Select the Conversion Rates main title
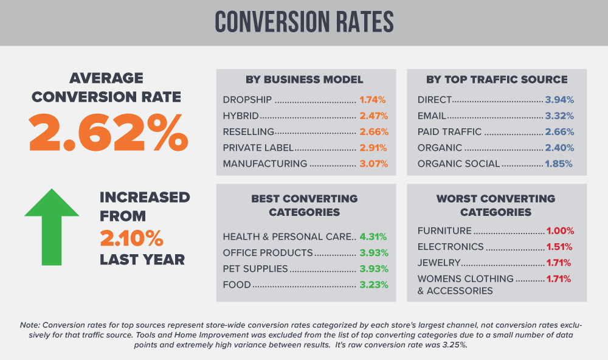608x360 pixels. click(x=304, y=22)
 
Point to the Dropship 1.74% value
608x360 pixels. click(x=373, y=99)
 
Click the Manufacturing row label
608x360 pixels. click(x=265, y=164)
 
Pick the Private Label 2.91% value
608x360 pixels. click(x=373, y=148)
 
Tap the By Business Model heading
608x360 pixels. click(x=305, y=80)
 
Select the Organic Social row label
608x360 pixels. click(x=458, y=164)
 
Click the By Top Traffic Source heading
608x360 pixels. click(x=497, y=80)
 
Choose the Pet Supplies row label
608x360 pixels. click(x=255, y=269)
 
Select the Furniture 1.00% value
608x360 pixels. click(x=559, y=231)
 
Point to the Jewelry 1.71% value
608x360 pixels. click(x=559, y=263)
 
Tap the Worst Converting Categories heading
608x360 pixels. click(x=496, y=206)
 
